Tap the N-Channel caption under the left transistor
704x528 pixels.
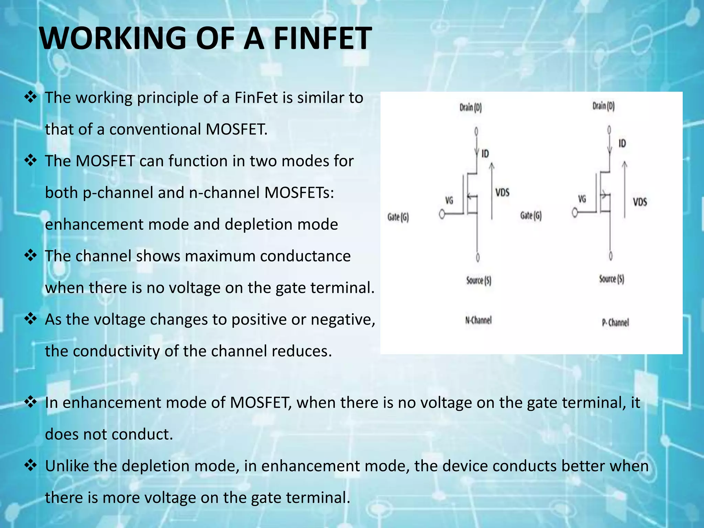478,320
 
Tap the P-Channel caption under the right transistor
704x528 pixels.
615,322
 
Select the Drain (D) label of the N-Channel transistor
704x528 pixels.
471,108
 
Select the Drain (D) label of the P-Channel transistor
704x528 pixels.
603,106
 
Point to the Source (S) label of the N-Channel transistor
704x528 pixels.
478,280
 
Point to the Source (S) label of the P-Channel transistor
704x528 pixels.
612,279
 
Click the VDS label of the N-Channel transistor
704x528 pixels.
502,192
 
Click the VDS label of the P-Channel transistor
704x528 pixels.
640,201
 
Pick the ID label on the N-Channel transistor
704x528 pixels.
485,153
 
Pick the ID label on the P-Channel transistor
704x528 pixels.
622,143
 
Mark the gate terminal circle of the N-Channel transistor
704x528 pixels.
442,214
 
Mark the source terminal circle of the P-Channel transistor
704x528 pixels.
610,256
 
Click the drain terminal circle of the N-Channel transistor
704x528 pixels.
476,131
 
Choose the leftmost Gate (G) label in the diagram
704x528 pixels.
398,217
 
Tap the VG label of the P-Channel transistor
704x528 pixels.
582,199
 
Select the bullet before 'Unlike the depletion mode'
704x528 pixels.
31,465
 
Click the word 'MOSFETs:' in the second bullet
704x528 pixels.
299,192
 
